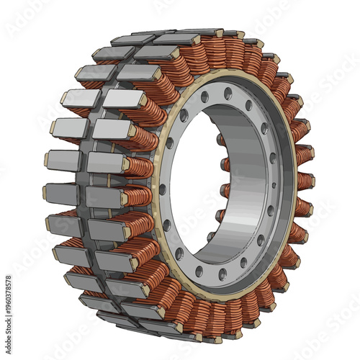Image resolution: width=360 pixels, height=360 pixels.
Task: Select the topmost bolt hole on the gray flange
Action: coord(228,93)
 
